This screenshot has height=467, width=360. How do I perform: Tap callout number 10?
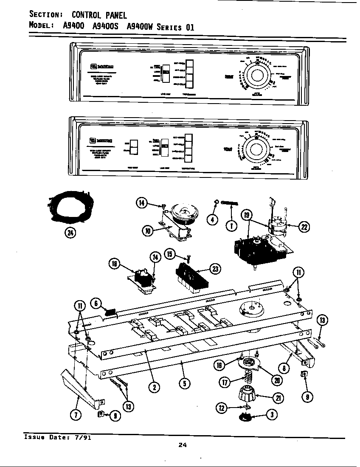click(x=147, y=231)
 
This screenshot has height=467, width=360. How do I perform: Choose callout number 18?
click(x=114, y=264)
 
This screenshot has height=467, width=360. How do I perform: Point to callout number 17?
click(x=225, y=382)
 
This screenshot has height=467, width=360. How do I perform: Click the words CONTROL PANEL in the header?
click(x=99, y=15)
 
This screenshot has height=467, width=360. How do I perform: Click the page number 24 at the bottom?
click(x=183, y=445)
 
